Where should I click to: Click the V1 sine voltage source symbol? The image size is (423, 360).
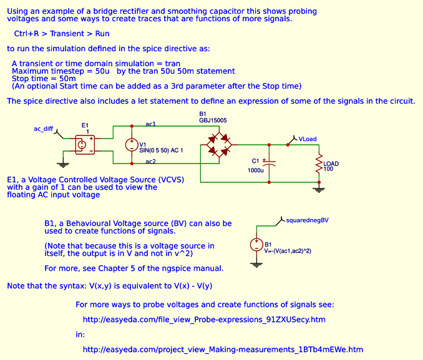coord(132,145)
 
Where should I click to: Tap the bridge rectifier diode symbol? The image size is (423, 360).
coord(215,145)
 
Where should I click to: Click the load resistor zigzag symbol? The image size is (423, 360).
coord(319,164)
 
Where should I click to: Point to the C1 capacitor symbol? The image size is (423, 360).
coord(269,163)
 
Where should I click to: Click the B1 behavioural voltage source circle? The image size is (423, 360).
coord(256,245)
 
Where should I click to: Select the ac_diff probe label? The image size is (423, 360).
coord(44,129)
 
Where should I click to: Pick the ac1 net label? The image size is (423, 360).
coord(150,124)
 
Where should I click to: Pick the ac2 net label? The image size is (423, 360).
coord(150,163)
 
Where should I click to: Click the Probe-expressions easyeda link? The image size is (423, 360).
coord(204,319)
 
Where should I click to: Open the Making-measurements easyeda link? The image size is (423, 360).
coord(222,349)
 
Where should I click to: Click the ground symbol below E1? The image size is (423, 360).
coord(62,164)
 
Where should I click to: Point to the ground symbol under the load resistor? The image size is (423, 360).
coord(319,187)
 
